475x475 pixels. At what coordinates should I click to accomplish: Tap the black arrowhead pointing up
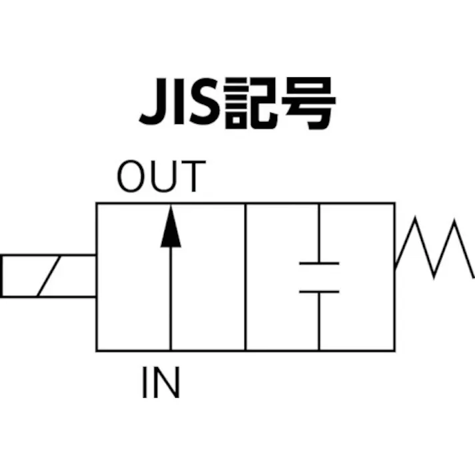[171, 227]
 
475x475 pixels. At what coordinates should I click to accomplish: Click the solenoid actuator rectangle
[47, 275]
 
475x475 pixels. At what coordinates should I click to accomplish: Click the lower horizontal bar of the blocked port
[319, 291]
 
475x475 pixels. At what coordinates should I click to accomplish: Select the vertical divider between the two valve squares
[246, 276]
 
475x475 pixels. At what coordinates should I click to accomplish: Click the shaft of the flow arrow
[171, 300]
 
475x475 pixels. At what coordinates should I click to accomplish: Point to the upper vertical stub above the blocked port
[319, 233]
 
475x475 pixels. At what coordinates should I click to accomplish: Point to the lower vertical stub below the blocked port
[319, 320]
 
